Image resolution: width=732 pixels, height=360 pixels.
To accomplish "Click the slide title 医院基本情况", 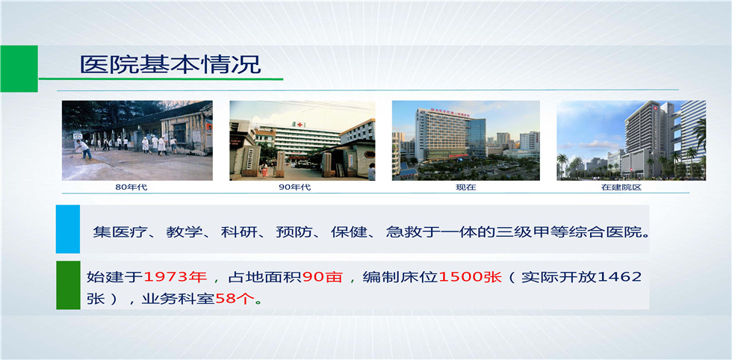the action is coord(170,65).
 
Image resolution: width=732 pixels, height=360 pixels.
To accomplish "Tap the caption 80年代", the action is coord(131,187).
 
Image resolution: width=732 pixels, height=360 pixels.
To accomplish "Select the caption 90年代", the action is coord(294,187).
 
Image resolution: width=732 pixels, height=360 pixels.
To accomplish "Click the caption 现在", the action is coord(466,187).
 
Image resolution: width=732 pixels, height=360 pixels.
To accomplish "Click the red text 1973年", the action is coord(175,277).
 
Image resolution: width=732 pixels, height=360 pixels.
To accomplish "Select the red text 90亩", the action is coord(323,277).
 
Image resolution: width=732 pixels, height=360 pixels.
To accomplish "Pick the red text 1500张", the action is coord(470,277).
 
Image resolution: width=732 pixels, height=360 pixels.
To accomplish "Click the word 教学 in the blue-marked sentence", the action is coord(180,232).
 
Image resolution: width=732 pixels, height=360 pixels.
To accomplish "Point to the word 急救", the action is coord(400,232).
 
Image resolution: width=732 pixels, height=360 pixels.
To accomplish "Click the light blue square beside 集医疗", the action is coord(68,229).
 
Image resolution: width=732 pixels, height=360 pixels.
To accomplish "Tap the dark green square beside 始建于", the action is coord(68,285).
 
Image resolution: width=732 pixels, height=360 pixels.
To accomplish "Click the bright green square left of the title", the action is coord(19,69).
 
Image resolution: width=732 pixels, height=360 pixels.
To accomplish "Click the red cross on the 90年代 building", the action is coord(300,125).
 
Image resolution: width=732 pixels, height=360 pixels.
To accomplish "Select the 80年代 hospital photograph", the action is coord(137,140).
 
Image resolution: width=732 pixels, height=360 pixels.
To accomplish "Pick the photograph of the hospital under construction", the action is coord(631,140).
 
